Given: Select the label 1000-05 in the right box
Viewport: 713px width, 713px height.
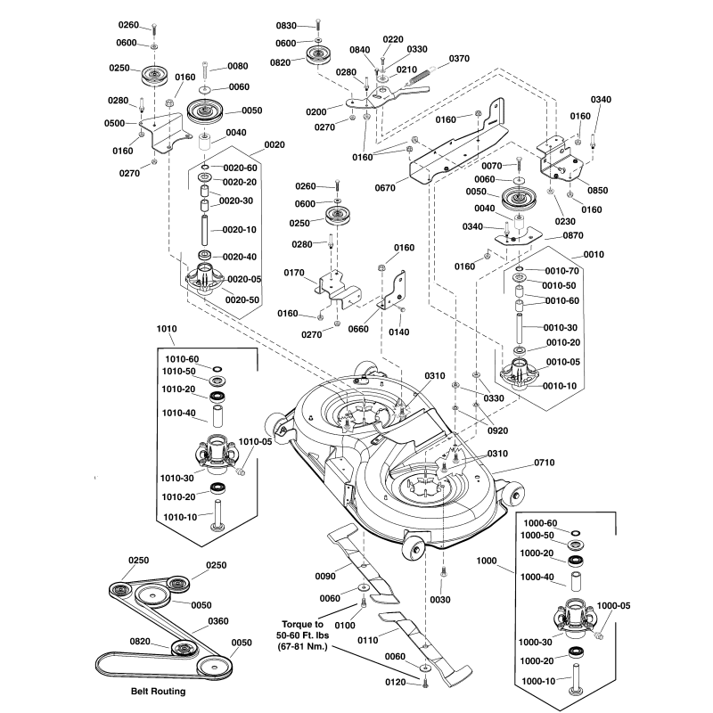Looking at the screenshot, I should coord(613,605).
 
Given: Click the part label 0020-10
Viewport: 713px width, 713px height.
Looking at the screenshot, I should coord(238,229).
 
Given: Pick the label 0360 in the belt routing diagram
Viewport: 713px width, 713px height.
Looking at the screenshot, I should coord(217,621).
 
